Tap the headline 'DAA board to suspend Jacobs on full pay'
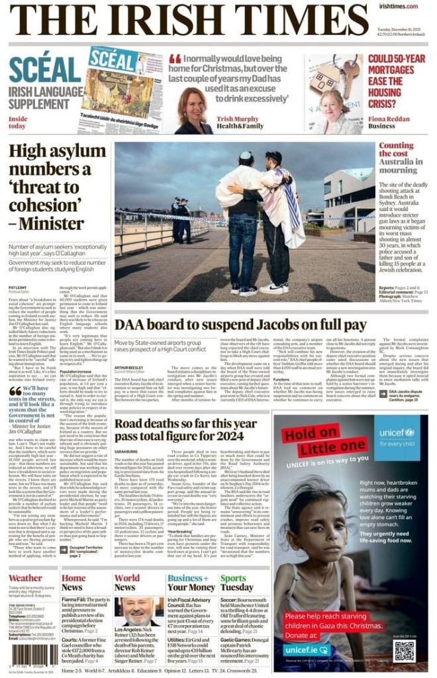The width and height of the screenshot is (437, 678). tap(240, 325)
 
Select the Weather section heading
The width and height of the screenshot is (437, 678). tap(25, 578)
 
